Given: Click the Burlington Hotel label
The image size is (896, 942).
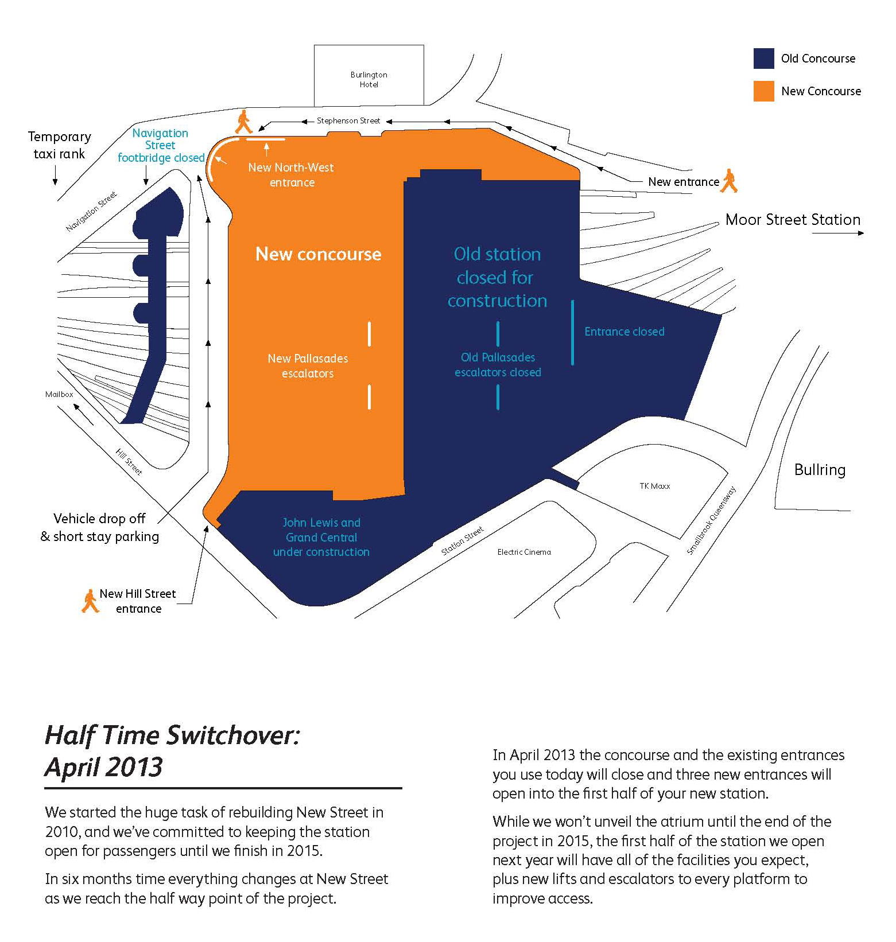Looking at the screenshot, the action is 369,79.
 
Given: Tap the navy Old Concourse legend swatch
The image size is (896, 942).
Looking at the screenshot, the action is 763,59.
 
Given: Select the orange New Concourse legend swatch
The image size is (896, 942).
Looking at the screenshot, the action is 763,91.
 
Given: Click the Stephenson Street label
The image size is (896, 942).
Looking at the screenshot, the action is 348,120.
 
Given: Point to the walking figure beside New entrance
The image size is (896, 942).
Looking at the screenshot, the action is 730,181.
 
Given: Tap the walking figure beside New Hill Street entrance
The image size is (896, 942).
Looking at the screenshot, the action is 90,601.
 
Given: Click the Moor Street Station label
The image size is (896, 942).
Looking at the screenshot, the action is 793,220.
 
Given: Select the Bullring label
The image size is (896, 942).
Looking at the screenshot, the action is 820,470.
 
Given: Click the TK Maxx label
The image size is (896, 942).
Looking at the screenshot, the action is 655,486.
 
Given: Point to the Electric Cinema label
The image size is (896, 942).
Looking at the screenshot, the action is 524,552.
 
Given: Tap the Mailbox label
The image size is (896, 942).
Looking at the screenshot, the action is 59,394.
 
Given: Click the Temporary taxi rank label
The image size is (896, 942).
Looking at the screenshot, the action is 60,145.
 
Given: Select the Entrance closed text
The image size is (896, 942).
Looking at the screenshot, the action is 625,332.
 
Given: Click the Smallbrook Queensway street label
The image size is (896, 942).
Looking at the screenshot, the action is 711,520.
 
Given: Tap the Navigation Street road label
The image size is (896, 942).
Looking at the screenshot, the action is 91,211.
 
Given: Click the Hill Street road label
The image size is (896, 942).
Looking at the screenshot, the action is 129,462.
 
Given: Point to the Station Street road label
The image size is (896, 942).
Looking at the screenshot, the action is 462,540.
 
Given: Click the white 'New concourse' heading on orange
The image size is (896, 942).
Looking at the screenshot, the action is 319,254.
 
